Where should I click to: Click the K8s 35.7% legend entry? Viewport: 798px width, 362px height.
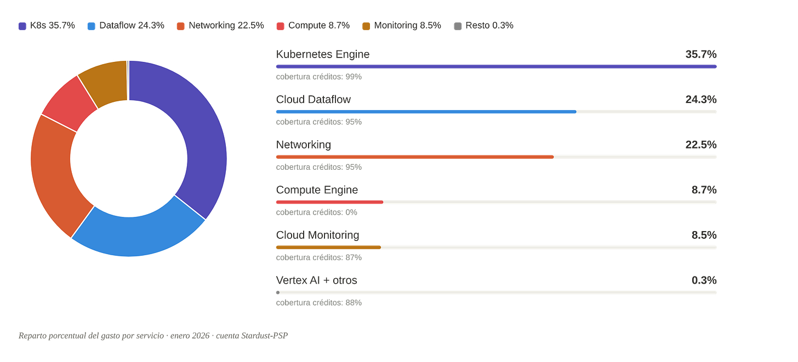tap(47, 26)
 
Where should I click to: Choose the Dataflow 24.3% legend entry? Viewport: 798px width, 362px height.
tap(126, 26)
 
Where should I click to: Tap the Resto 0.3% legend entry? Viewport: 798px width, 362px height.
tap(483, 26)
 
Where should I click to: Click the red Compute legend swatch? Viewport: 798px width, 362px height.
tap(281, 26)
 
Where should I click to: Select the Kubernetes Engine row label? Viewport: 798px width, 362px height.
tap(323, 54)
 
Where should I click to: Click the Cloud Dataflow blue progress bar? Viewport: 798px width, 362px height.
tap(426, 112)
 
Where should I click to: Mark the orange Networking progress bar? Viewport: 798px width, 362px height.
tap(415, 157)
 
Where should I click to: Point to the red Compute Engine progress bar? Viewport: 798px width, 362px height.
tap(329, 202)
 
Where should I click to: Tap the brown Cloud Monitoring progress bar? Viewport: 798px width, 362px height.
tap(328, 248)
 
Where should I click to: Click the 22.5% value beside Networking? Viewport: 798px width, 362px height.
tap(701, 145)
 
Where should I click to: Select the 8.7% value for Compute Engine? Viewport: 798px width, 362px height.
tap(704, 189)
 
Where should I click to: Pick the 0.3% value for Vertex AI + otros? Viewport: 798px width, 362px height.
tap(704, 280)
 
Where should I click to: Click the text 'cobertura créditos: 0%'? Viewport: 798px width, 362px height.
tap(316, 212)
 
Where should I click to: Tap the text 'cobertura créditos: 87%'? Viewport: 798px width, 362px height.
tap(319, 257)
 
